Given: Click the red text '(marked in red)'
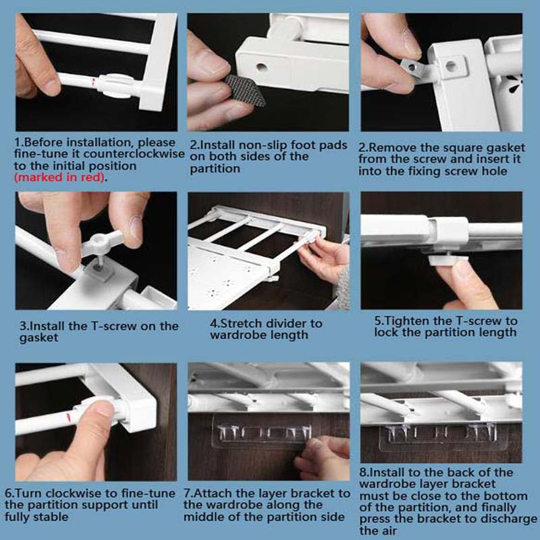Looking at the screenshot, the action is [x=59, y=178].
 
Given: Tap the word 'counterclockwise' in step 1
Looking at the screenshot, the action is [x=134, y=154].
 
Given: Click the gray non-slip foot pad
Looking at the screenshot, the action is [x=245, y=90].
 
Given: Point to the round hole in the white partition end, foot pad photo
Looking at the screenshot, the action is [x=262, y=67].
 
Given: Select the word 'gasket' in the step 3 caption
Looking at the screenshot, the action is [x=38, y=338].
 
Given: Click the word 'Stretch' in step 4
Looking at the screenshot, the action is [x=242, y=323].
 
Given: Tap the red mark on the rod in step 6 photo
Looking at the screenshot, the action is [x=68, y=417].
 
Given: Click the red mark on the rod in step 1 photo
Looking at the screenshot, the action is [x=93, y=82].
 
